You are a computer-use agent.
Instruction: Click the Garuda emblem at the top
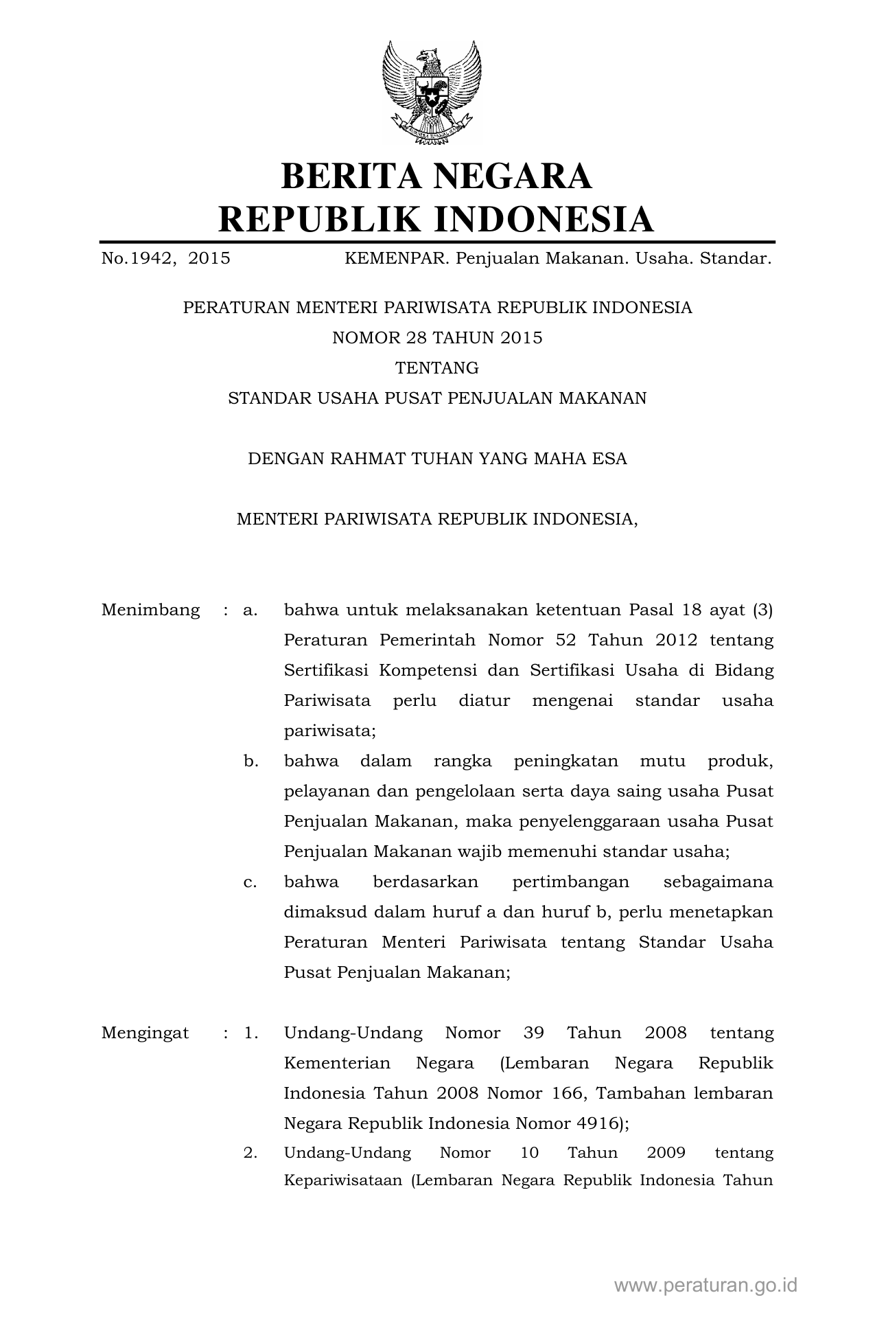click(432, 92)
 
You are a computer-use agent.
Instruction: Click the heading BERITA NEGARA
click(436, 176)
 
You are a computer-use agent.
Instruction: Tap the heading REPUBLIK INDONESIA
click(436, 219)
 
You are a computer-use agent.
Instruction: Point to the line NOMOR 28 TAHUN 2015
click(437, 338)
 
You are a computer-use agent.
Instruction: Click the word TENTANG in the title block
click(437, 368)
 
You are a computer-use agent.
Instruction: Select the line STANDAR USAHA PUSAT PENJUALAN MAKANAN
click(437, 398)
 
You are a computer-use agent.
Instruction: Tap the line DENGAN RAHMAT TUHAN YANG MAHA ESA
click(437, 459)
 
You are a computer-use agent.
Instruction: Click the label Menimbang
click(150, 610)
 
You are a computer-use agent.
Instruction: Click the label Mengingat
click(145, 1033)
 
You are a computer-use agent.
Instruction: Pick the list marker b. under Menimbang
click(250, 761)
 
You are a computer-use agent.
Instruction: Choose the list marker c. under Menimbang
click(250, 882)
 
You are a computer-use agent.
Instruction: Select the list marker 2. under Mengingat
click(250, 1152)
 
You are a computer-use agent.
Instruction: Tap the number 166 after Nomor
click(565, 1093)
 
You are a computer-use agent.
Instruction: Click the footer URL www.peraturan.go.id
click(705, 1285)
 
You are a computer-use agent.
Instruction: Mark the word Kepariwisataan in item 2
click(342, 1181)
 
